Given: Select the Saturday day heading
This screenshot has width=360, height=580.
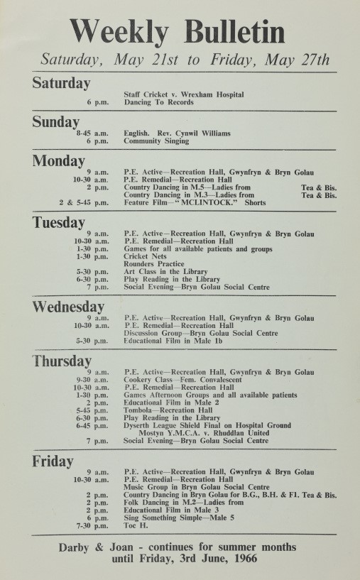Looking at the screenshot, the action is click(x=61, y=82).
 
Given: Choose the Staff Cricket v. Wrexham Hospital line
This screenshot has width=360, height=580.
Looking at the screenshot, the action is click(x=184, y=94).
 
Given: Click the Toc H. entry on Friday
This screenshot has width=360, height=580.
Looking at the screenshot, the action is click(x=136, y=525).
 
